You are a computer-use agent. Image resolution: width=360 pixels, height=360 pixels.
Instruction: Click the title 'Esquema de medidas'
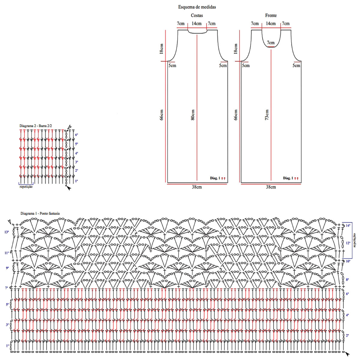point(197,7)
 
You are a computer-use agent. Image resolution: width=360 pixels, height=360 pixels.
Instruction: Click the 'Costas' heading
point(197,15)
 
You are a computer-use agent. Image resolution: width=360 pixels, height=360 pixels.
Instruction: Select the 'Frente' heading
point(271,15)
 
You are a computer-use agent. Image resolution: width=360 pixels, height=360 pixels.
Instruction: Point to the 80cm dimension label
point(193,115)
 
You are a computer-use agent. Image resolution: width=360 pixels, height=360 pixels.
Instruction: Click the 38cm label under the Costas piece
point(197,187)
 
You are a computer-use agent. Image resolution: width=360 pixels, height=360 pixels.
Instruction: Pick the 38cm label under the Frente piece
point(271,187)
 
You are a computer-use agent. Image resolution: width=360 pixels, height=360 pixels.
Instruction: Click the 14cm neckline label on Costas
point(197,24)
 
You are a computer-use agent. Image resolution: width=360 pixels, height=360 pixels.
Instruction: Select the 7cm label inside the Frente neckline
point(271,43)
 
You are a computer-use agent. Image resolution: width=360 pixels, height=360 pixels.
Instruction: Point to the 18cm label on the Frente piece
point(235,49)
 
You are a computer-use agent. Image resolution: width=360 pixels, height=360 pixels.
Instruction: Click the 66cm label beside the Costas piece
point(162,115)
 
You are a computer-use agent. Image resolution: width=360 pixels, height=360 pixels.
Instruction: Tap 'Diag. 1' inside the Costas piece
point(215,178)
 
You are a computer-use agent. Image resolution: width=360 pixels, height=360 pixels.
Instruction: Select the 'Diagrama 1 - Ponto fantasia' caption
point(40,213)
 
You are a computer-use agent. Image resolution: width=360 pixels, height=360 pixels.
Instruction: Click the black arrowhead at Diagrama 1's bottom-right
point(347,354)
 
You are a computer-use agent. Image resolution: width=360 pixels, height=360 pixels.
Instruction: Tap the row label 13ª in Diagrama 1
point(7,232)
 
